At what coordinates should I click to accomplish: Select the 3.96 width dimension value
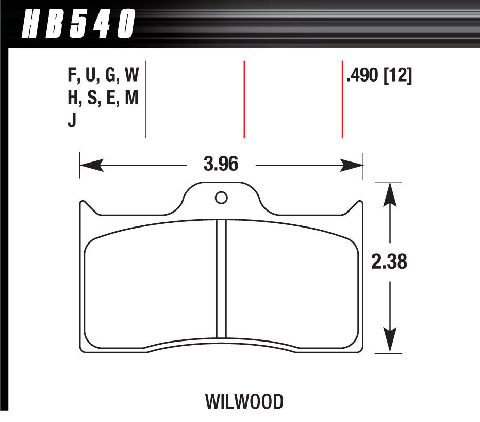(x=221, y=166)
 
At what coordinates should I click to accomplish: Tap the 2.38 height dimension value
(x=389, y=263)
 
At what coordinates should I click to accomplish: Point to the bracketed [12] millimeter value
(x=399, y=77)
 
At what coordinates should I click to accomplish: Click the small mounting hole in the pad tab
(x=221, y=197)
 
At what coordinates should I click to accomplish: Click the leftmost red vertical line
(x=146, y=99)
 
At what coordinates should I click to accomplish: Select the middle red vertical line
(x=244, y=99)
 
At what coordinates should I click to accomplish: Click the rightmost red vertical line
(x=342, y=99)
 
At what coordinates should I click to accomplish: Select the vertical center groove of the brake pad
(x=221, y=279)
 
